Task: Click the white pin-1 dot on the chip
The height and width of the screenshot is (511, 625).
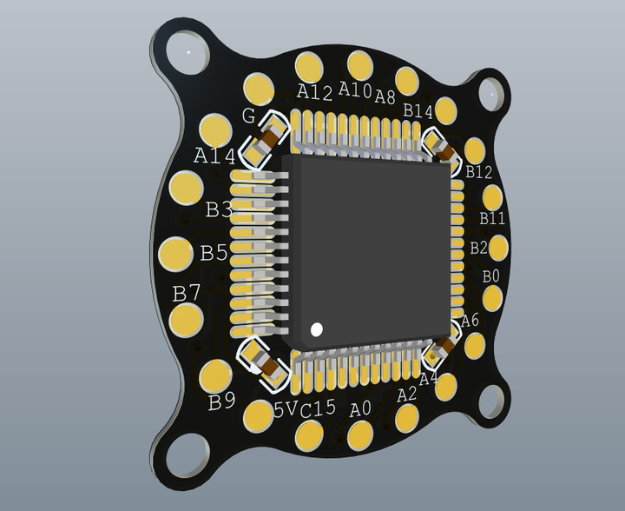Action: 316,329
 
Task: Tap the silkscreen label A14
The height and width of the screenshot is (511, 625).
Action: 214,156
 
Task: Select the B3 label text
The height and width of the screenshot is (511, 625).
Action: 218,209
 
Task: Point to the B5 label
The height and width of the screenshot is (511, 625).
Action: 214,253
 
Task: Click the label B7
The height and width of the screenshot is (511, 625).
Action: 187,294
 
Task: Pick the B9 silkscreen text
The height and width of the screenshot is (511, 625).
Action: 221,401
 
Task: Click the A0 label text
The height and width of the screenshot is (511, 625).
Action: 360,408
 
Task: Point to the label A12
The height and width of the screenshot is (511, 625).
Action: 314,92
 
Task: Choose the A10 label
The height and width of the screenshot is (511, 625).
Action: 355,90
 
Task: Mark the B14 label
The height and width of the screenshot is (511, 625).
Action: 418,111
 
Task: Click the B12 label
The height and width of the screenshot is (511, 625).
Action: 478,172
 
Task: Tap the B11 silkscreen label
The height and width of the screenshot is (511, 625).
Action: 492,217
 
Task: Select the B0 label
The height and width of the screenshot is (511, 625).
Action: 491,276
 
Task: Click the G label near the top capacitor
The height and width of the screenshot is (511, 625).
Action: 248,116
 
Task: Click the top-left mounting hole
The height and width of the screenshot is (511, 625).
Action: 185,53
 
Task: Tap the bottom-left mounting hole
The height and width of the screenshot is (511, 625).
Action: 184,455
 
